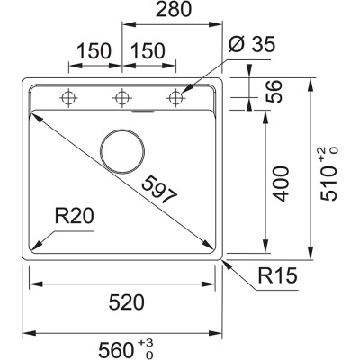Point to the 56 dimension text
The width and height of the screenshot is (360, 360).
276,92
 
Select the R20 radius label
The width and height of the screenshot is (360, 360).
73,216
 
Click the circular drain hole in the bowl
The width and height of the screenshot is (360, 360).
121,149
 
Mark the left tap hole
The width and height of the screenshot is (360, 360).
67,96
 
